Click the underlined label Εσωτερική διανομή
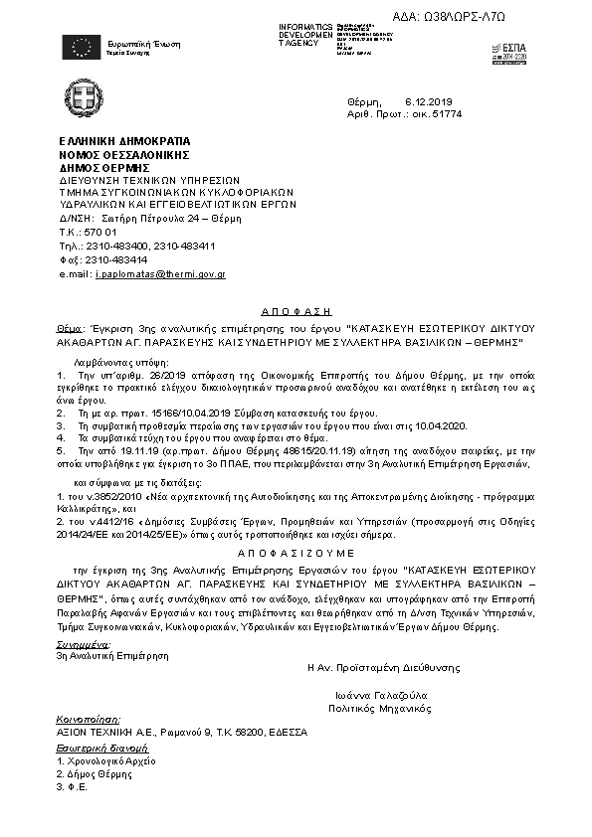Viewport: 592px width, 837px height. coord(94,746)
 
